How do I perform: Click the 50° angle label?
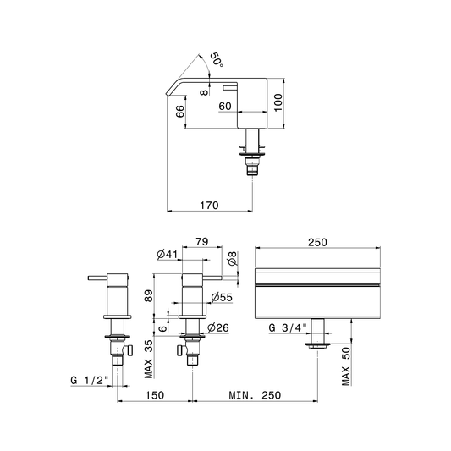coord(217,60)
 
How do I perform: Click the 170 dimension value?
coord(209,206)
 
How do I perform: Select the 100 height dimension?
coord(278,102)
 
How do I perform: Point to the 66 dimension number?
coord(179,111)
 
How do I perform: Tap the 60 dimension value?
coord(225,106)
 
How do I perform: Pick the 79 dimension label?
coord(202,242)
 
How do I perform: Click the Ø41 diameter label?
coord(168,254)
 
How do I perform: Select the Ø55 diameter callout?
coord(222,297)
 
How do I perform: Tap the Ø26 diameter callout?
coord(218,327)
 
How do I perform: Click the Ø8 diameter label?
coord(232,258)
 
